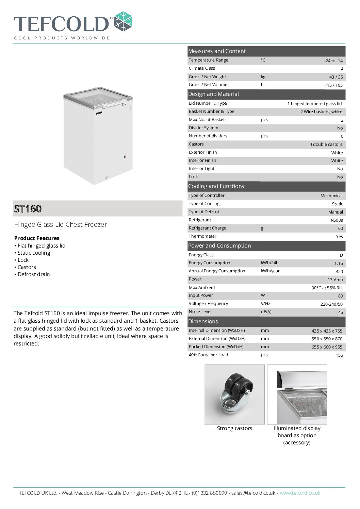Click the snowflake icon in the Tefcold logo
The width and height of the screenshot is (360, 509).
(x=123, y=21)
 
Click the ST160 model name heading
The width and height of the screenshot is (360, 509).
(x=28, y=209)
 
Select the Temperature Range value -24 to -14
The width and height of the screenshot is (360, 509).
(x=333, y=61)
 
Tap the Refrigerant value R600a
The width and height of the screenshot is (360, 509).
(x=337, y=220)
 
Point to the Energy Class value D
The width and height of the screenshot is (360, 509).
(x=341, y=255)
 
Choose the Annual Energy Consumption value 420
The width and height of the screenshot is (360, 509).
(x=339, y=271)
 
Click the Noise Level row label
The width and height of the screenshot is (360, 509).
(x=200, y=312)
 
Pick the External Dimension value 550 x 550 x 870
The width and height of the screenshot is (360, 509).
(x=327, y=339)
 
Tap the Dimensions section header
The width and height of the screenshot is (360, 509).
(x=203, y=322)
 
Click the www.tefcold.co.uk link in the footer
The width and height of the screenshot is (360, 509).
(x=300, y=493)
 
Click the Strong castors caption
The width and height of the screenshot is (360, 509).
(x=234, y=428)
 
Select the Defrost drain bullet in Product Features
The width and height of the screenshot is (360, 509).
(x=33, y=274)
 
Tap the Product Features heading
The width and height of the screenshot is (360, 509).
(x=37, y=238)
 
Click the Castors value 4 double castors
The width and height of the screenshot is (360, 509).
(x=326, y=145)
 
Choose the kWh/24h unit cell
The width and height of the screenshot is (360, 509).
(x=269, y=263)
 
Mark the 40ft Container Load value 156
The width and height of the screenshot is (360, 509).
(x=339, y=355)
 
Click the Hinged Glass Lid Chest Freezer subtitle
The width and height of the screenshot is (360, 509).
(x=61, y=224)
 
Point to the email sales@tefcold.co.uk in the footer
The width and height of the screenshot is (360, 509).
(x=253, y=493)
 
